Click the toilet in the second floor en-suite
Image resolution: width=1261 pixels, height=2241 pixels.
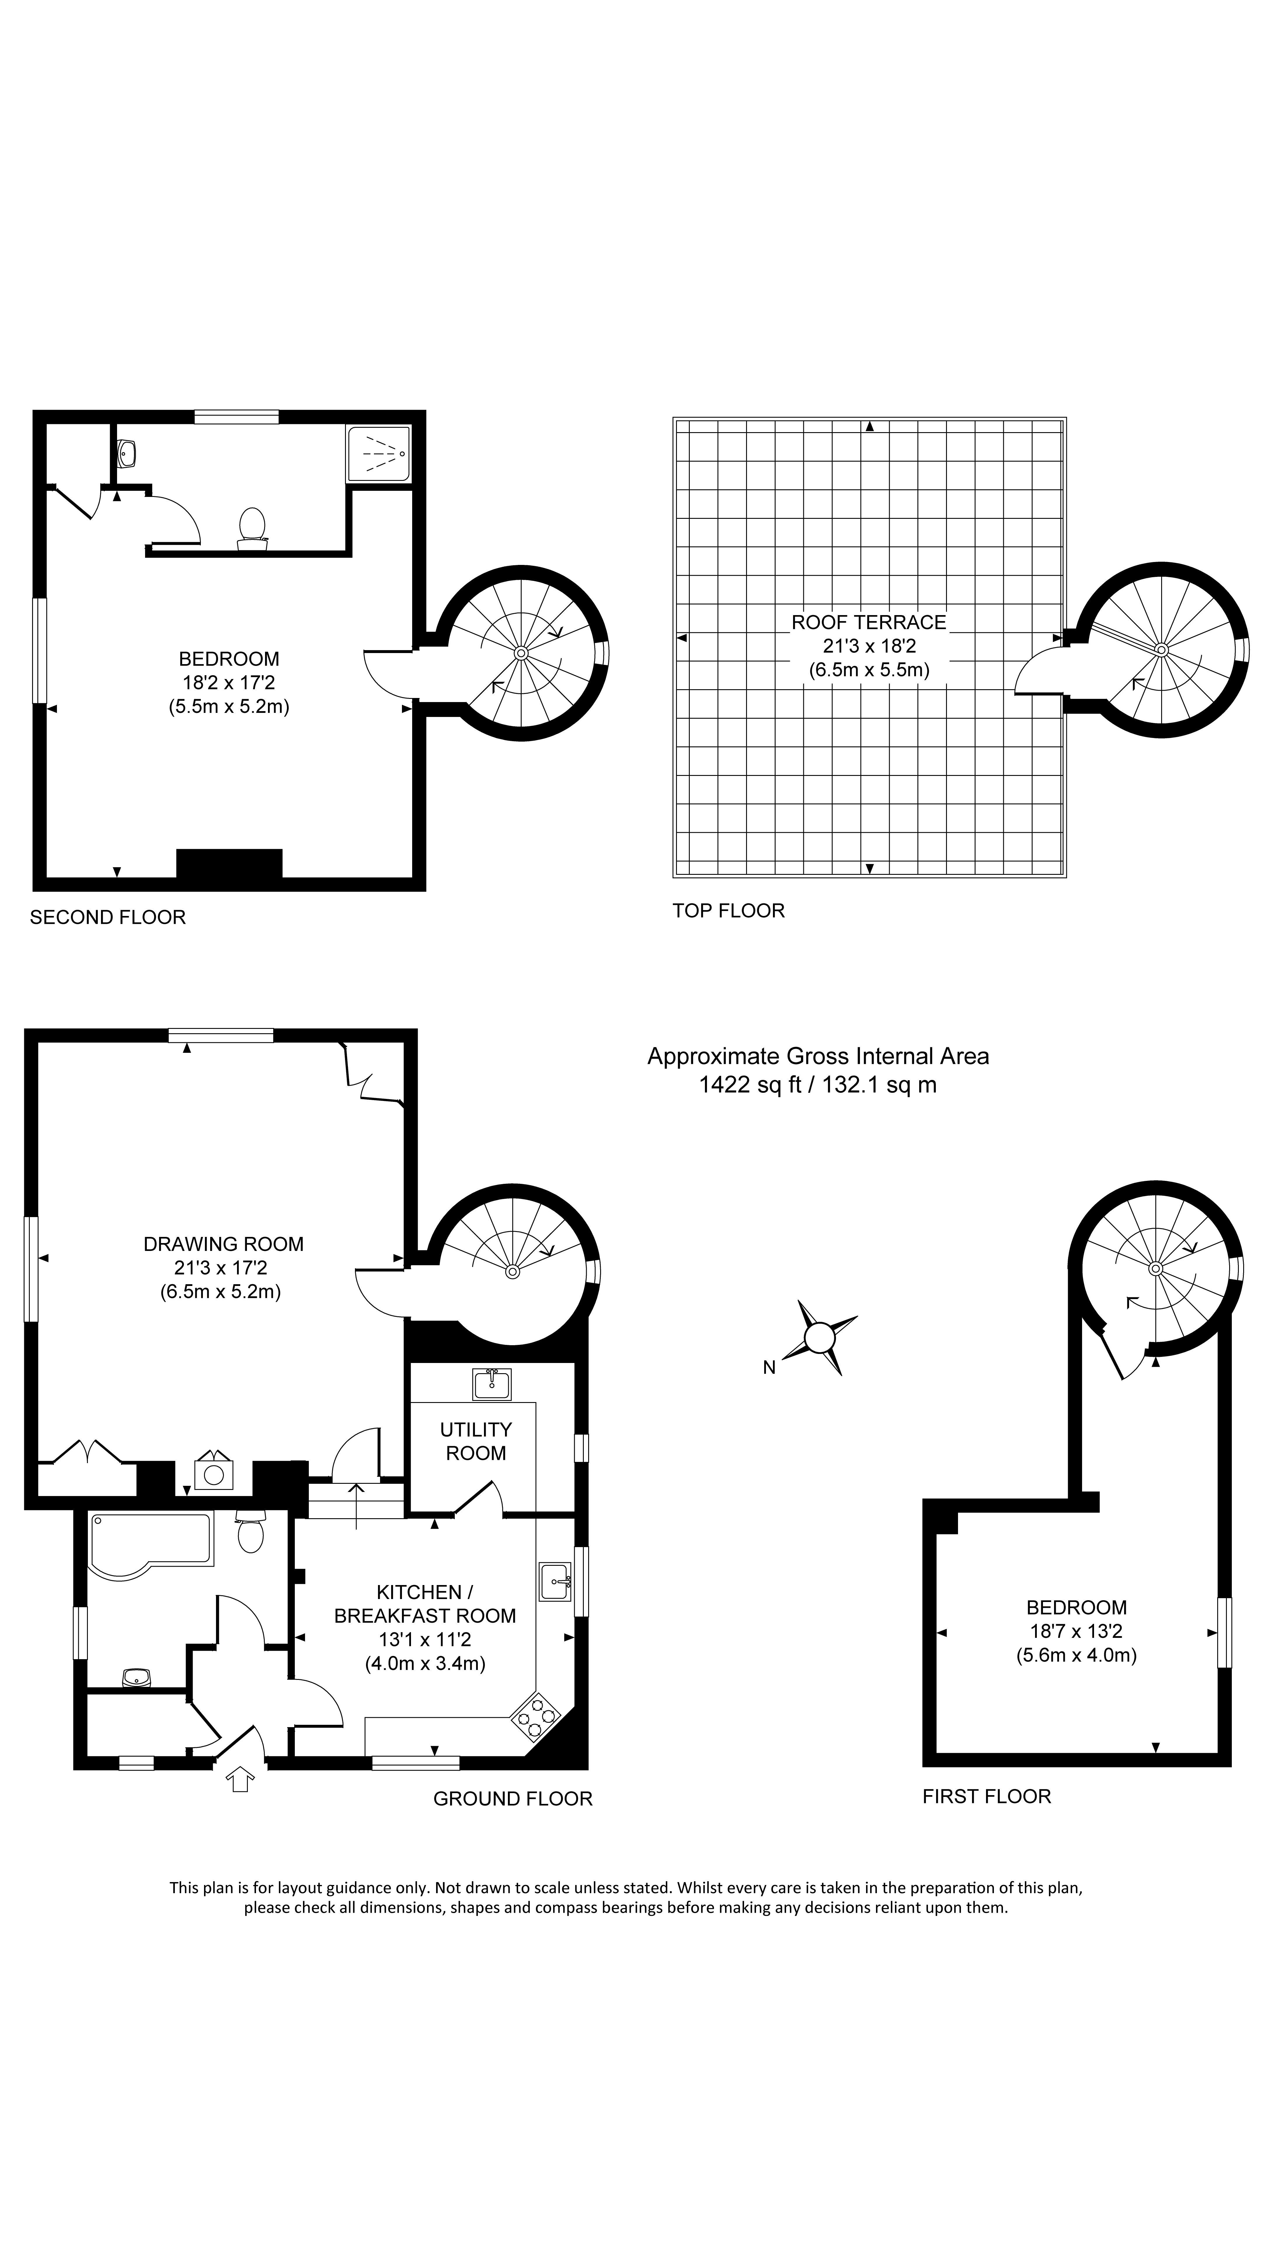point(252,527)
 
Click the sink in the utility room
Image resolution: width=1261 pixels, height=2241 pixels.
point(492,1383)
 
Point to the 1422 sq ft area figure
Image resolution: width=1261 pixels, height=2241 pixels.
point(750,1085)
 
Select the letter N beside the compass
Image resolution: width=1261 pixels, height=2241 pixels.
point(769,1368)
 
